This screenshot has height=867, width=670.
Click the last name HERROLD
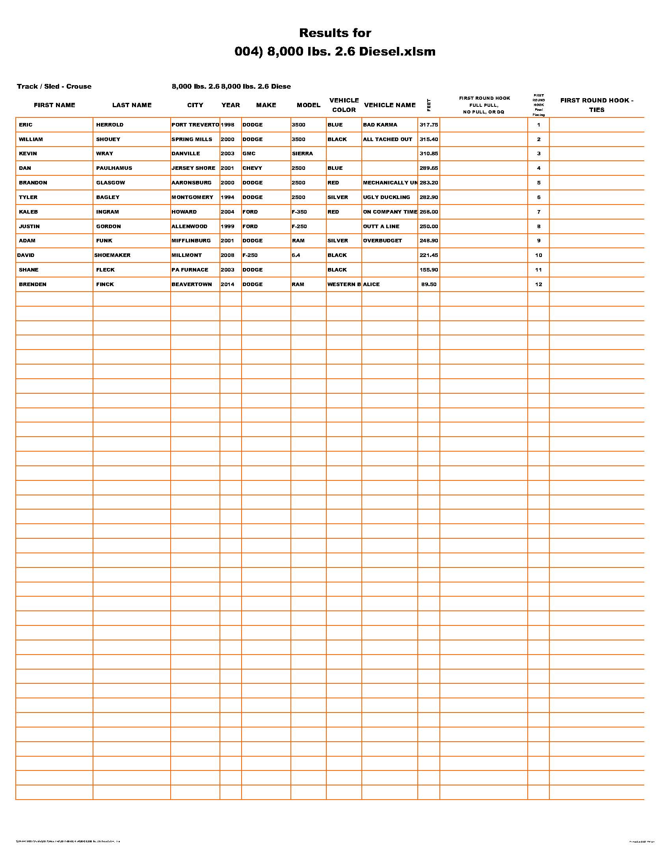click(110, 125)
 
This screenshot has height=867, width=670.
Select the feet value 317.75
click(429, 125)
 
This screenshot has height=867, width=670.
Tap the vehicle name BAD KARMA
click(380, 125)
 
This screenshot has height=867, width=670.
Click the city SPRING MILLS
click(192, 140)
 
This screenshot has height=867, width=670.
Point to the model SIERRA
click(302, 154)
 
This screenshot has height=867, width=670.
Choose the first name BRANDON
click(33, 182)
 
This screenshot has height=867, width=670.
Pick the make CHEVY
click(252, 168)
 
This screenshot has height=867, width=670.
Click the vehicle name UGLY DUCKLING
click(386, 197)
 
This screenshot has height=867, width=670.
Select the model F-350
click(299, 212)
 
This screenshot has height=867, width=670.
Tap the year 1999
click(227, 226)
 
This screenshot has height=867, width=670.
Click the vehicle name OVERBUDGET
click(382, 240)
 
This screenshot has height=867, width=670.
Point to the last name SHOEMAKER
click(112, 255)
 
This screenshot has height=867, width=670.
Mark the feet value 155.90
click(429, 270)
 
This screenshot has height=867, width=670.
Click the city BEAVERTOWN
click(192, 284)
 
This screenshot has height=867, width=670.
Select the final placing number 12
click(538, 284)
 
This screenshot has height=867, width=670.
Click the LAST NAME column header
click(132, 105)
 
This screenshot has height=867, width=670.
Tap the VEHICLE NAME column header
click(389, 105)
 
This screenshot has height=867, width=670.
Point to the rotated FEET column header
click(429, 105)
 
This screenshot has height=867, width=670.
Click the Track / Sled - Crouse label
click(54, 87)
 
